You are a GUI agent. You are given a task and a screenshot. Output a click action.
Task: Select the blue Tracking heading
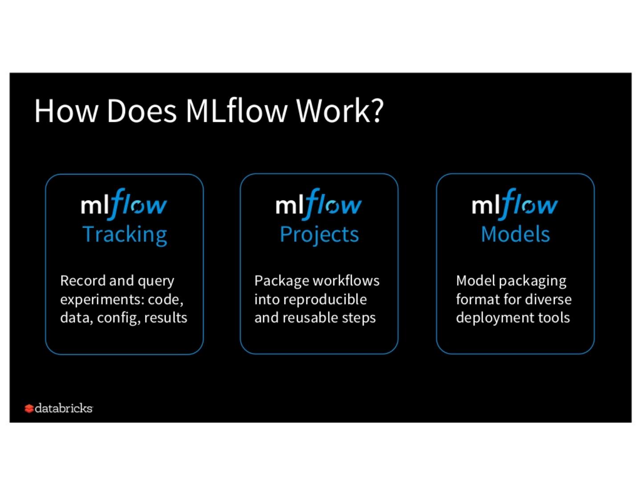pyautogui.click(x=125, y=234)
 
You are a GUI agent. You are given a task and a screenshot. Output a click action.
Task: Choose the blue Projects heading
pyautogui.click(x=319, y=234)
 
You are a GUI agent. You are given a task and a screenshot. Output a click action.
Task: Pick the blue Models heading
pyautogui.click(x=515, y=234)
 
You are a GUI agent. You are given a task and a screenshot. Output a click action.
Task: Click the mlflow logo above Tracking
pyautogui.click(x=124, y=204)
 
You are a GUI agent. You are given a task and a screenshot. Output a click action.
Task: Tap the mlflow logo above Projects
pyautogui.click(x=319, y=204)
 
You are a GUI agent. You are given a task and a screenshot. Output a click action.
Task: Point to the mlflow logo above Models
pyautogui.click(x=515, y=204)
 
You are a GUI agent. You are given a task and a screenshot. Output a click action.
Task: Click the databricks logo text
pyautogui.click(x=64, y=408)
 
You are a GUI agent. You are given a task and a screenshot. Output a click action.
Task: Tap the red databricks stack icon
pyautogui.click(x=29, y=408)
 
